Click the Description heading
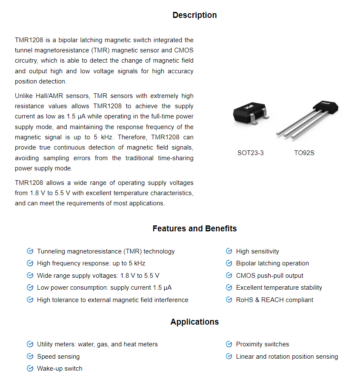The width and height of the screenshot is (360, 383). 194,15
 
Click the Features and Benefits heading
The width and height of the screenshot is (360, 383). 194,229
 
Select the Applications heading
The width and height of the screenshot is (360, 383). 194,322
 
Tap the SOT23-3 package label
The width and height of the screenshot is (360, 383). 250,153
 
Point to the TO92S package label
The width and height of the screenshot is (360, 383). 304,153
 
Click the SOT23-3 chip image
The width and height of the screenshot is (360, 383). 251,113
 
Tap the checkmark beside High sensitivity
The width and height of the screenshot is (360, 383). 229,251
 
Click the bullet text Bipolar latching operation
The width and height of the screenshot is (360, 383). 272,263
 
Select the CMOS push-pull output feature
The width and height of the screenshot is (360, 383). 269,276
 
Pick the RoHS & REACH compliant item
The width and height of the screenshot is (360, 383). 274,300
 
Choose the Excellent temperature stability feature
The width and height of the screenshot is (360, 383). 279,288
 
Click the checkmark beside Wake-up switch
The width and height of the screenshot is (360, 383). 30,369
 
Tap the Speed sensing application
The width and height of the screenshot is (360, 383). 58,357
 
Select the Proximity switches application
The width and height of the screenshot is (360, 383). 262,344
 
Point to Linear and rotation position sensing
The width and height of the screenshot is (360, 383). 287,357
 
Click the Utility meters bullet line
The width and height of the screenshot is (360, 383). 97,344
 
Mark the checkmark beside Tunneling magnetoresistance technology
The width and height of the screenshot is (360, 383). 30,251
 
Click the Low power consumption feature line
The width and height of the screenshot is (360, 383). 104,288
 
